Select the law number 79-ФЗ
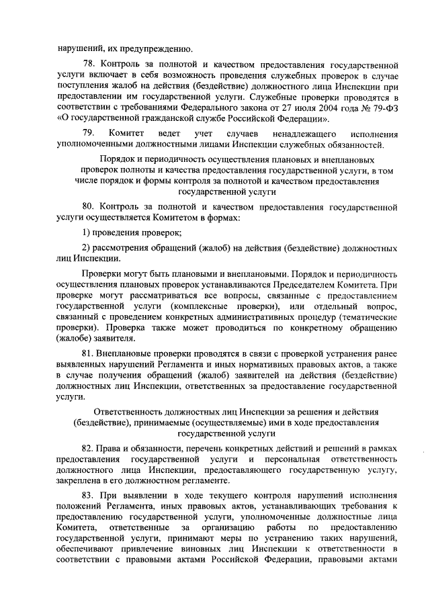(x=378, y=109)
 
